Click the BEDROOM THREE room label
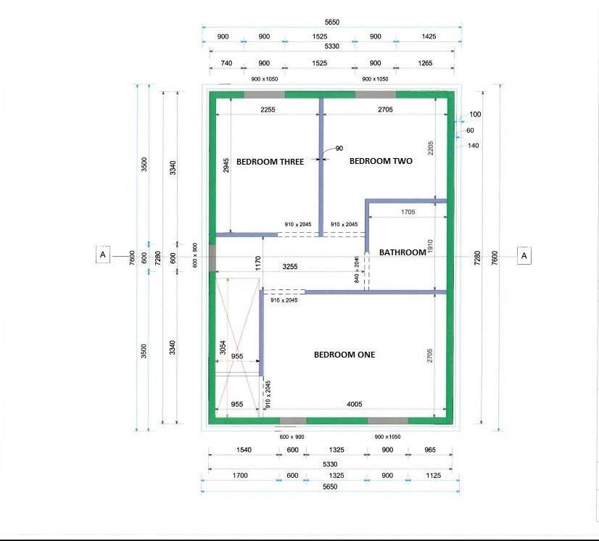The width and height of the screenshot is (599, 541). [x=270, y=162]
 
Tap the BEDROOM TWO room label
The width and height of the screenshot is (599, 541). [x=381, y=161]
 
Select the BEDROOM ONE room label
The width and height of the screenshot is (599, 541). [x=344, y=355]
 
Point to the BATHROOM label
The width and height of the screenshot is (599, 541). [x=402, y=252]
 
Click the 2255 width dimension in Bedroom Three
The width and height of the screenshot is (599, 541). [x=268, y=110]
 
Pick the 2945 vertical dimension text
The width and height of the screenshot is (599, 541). [x=226, y=165]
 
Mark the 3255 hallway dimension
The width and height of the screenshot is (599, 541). [x=290, y=266]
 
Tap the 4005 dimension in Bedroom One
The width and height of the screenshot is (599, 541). [x=354, y=404]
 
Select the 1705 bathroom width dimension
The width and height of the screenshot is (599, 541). [x=408, y=212]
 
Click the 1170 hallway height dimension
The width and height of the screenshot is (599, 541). [x=258, y=263]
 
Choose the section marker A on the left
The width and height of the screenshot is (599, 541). [x=102, y=255]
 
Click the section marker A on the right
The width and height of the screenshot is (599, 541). [x=524, y=255]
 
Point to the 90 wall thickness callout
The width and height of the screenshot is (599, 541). [x=339, y=148]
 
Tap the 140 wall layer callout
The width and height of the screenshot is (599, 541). [x=473, y=146]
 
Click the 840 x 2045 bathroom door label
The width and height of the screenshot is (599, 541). [x=357, y=269]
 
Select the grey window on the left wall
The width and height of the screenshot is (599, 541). [x=212, y=258]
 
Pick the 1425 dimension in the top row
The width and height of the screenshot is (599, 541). [x=429, y=36]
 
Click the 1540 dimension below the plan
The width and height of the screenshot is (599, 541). [x=244, y=450]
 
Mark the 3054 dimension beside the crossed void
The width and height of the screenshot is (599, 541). [x=223, y=347]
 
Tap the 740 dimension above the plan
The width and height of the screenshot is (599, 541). [x=226, y=63]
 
